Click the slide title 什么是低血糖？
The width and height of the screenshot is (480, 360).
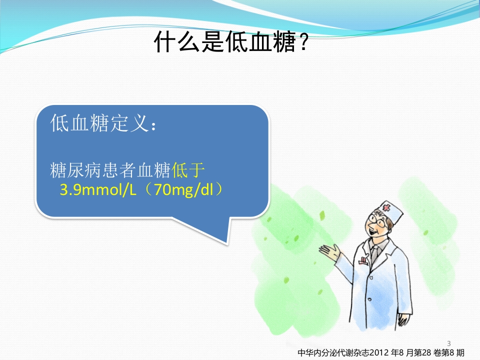pos(230,42)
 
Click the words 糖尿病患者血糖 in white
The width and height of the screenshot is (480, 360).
pos(110,171)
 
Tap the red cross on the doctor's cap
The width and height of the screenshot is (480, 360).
pos(385,207)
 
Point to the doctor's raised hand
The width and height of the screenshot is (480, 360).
pos(329,251)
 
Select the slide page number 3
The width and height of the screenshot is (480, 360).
pos(448,343)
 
